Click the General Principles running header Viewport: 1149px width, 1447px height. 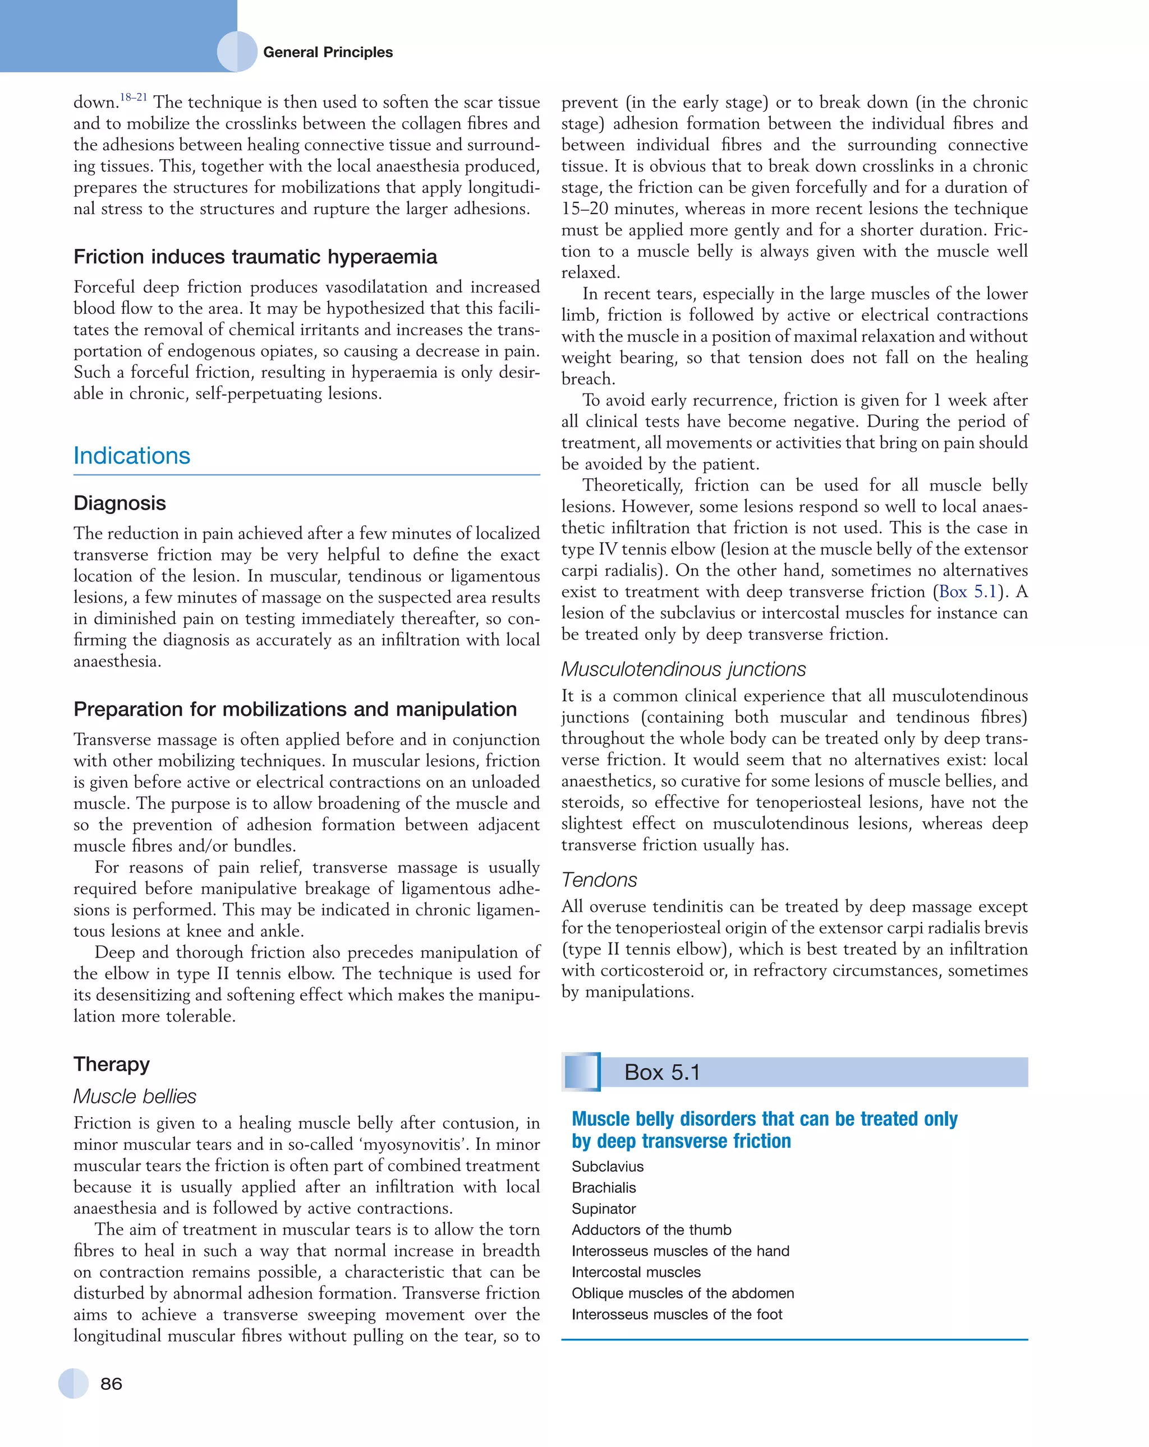click(327, 52)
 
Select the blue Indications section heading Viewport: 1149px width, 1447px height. click(132, 456)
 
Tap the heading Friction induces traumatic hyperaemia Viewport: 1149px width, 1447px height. click(255, 256)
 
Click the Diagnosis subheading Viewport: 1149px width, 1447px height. click(120, 503)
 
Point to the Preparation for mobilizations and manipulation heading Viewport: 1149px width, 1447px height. click(295, 709)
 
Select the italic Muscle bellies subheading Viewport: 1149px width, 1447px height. click(134, 1096)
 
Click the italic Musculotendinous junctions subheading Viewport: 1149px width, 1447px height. click(683, 669)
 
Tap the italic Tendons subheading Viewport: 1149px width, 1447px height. click(599, 879)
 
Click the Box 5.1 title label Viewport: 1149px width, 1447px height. click(661, 1072)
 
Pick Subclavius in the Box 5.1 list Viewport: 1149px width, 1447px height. click(607, 1167)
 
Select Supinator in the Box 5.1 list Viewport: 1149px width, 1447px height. click(603, 1209)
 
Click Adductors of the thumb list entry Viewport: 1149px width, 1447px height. click(651, 1229)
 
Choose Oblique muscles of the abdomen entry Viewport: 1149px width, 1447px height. click(682, 1293)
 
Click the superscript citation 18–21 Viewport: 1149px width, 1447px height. click(133, 98)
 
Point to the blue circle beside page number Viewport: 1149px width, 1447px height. click(73, 1383)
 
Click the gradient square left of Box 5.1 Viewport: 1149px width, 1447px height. click(582, 1072)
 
